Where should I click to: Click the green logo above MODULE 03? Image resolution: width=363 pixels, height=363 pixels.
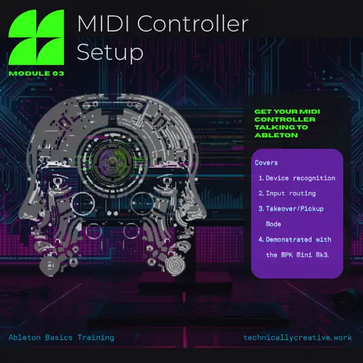pyautogui.click(x=36, y=38)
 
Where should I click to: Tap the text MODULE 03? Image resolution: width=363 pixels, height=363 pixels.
pyautogui.click(x=36, y=74)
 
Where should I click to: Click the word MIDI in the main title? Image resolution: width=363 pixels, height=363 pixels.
pyautogui.click(x=103, y=23)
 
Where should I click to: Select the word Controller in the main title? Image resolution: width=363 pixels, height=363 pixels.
pyautogui.click(x=193, y=23)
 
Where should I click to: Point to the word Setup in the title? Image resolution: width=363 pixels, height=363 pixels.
pyautogui.click(x=110, y=53)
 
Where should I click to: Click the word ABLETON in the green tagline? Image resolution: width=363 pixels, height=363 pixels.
pyautogui.click(x=276, y=135)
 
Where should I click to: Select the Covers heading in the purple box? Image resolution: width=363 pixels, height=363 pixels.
pyautogui.click(x=266, y=163)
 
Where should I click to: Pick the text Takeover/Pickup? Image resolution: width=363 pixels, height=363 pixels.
pyautogui.click(x=295, y=209)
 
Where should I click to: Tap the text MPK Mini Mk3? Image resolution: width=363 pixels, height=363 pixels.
pyautogui.click(x=305, y=255)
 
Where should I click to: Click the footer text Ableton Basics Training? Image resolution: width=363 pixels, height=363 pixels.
pyautogui.click(x=62, y=338)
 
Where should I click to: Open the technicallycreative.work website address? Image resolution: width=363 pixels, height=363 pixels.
pyautogui.click(x=298, y=338)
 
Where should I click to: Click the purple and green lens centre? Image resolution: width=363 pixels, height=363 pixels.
pyautogui.click(x=113, y=161)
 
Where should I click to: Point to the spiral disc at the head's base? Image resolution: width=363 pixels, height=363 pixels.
pyautogui.click(x=175, y=265)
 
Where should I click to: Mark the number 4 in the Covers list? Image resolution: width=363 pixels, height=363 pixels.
pyautogui.click(x=261, y=239)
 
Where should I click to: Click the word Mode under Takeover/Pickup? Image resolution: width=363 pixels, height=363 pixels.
pyautogui.click(x=274, y=224)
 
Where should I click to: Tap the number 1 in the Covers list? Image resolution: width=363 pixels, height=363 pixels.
pyautogui.click(x=261, y=178)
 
